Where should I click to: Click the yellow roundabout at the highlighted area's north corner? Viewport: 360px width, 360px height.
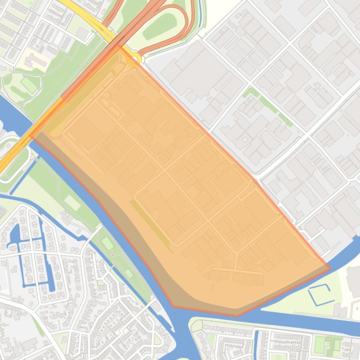coord(134,59)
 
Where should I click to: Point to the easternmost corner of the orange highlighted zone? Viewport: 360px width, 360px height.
coord(330,268)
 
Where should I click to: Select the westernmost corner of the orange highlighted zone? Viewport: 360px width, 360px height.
coord(31,136)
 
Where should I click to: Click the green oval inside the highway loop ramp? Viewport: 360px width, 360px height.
coord(159,28)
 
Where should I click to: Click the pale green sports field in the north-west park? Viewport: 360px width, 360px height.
coord(29,85)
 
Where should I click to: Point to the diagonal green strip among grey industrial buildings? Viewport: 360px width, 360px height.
coord(268,106)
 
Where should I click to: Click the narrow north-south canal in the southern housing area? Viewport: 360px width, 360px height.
coord(256,344)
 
